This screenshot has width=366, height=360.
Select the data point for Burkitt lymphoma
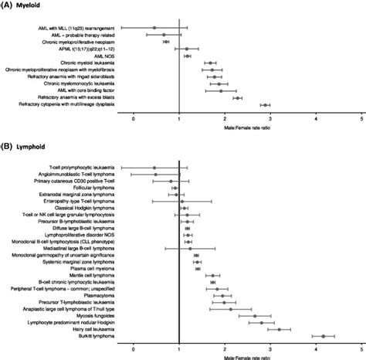tap(323, 336)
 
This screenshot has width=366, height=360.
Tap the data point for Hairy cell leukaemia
tap(280, 329)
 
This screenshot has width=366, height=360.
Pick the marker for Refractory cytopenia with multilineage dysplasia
tap(265, 104)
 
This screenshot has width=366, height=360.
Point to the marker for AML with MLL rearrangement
tap(155, 29)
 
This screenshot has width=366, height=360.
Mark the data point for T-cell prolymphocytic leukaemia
tap(154, 166)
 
